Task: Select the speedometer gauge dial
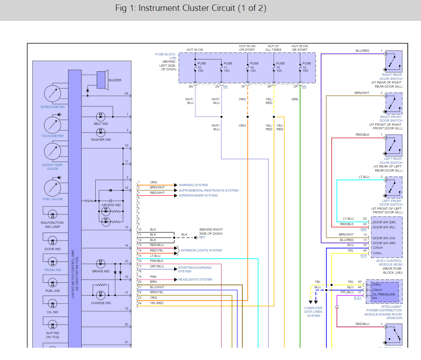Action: click(53, 94)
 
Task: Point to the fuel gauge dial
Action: click(53, 187)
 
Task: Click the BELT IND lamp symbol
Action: click(101, 116)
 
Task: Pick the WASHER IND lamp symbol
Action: click(101, 132)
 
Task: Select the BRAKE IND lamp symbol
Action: click(101, 263)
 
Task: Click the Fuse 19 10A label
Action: click(280, 67)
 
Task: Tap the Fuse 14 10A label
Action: click(254, 67)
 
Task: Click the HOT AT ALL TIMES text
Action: click(274, 48)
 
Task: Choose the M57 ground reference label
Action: click(202, 237)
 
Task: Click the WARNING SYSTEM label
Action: click(193, 185)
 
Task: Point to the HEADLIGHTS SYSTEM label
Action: click(195, 279)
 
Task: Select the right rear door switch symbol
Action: click(393, 61)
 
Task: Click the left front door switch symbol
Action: click(393, 188)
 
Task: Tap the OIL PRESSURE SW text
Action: click(384, 296)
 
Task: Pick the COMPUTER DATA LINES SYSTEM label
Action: click(313, 312)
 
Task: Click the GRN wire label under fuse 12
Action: click(295, 99)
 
